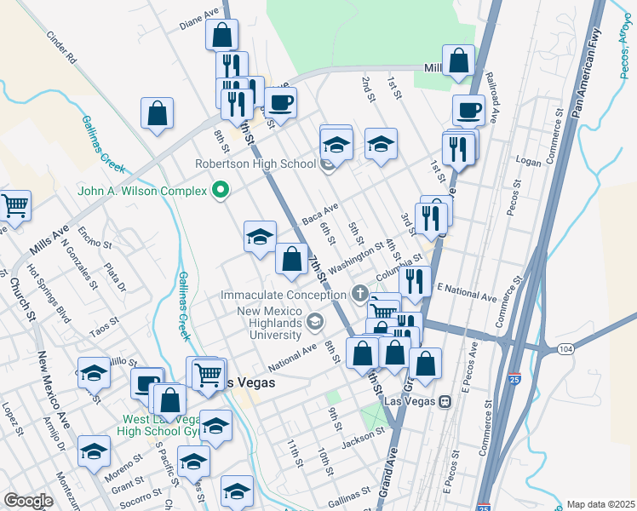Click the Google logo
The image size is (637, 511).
pos(27,502)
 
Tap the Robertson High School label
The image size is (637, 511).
pos(255,164)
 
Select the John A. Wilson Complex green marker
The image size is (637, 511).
pos(221,191)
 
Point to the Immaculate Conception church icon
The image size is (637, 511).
pos(360,295)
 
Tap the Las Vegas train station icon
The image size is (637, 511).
pos(445,401)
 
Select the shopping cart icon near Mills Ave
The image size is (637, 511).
pos(13,205)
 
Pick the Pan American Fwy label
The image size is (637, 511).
pos(596,69)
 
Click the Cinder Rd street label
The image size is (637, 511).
pos(62,49)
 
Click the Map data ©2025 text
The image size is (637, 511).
pos(600,504)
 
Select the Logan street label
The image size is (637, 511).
pos(528,159)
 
